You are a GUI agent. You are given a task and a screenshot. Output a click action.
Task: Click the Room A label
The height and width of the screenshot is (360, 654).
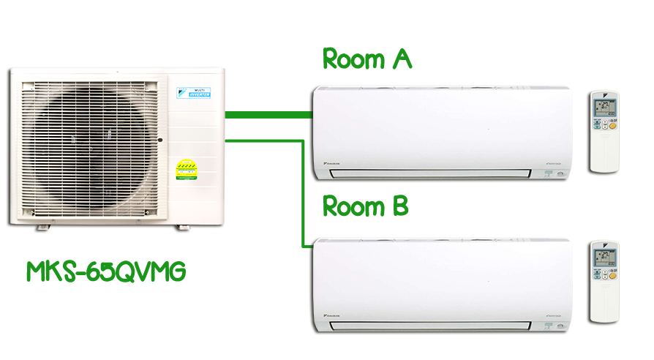click(367, 59)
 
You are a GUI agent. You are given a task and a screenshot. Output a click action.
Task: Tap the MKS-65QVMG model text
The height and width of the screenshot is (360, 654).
click(105, 271)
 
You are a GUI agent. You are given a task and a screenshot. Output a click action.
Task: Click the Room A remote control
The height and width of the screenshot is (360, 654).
click(604, 132)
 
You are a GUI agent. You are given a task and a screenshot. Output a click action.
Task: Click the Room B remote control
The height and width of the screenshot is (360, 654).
click(604, 281)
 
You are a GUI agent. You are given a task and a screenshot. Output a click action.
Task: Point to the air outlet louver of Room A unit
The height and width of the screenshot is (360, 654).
click(430, 173)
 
